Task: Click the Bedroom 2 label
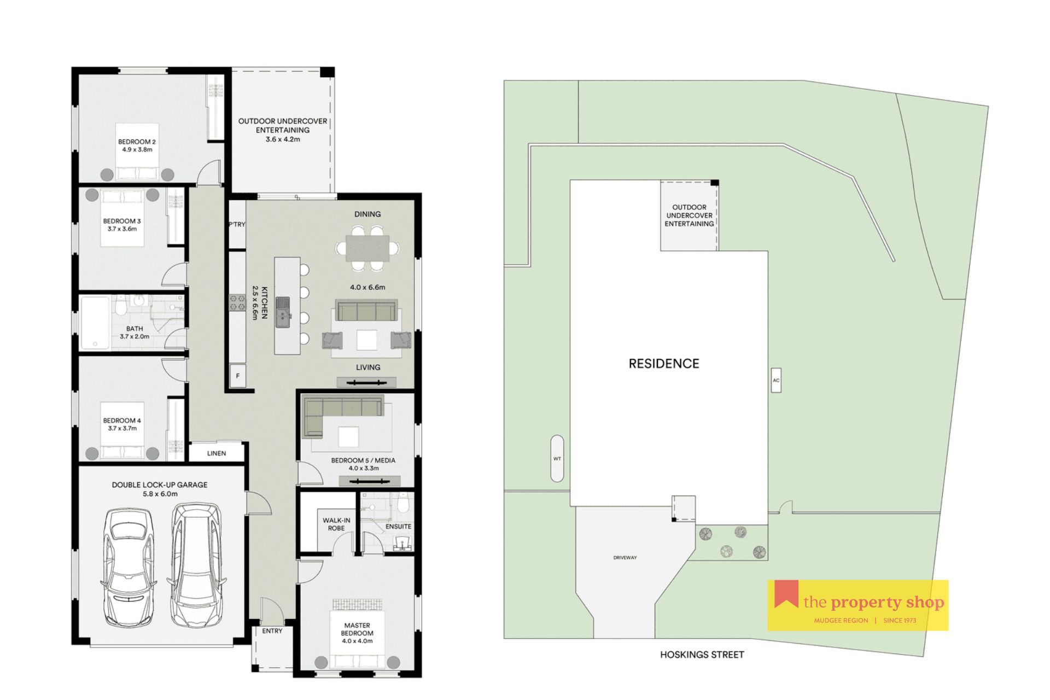click(x=137, y=142)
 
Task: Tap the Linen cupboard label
click(x=217, y=453)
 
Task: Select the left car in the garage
click(x=127, y=568)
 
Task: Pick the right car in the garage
click(x=197, y=565)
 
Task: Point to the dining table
click(x=367, y=248)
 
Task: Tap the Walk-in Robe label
click(x=336, y=524)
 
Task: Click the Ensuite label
click(x=398, y=526)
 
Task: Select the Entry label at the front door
click(x=272, y=631)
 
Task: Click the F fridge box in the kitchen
click(x=237, y=376)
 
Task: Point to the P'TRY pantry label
click(x=237, y=224)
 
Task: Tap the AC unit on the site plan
click(x=775, y=380)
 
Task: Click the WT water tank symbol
click(x=557, y=458)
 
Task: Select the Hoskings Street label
click(x=702, y=654)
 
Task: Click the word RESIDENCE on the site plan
click(x=664, y=364)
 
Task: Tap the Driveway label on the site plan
click(x=625, y=558)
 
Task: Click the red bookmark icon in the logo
click(x=786, y=594)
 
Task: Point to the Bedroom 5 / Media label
click(x=363, y=460)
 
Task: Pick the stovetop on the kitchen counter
click(x=237, y=303)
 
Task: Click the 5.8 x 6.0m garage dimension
click(x=160, y=494)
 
